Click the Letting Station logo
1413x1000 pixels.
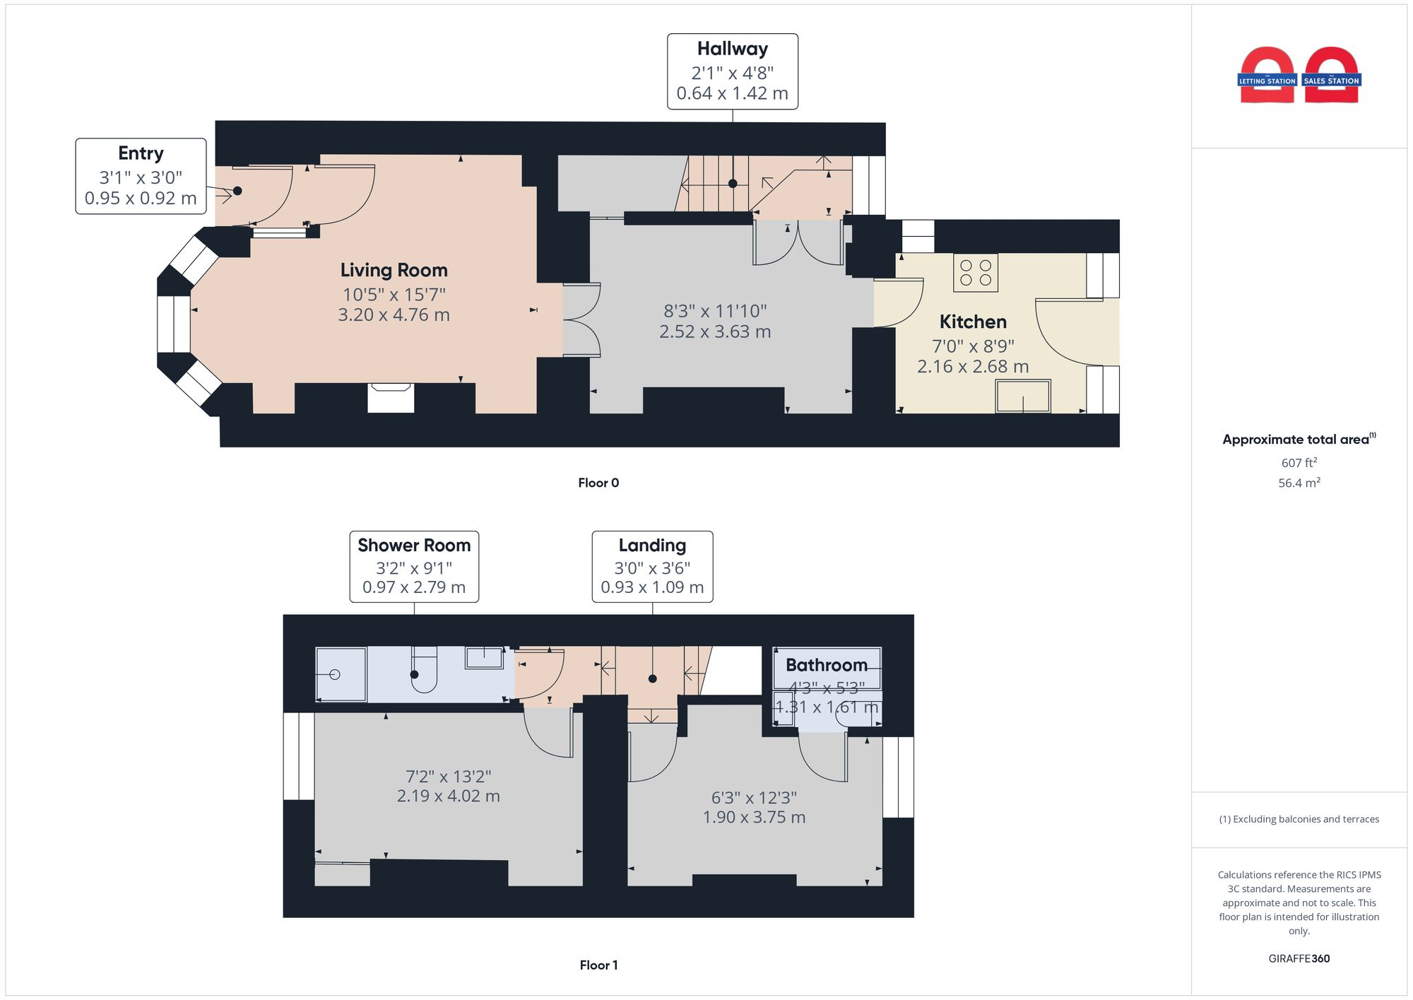pos(1267,76)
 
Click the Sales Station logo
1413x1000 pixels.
pos(1331,76)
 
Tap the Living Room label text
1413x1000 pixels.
pos(394,270)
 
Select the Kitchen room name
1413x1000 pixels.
pos(973,322)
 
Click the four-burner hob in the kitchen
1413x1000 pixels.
pos(976,273)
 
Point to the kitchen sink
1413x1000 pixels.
pos(1022,396)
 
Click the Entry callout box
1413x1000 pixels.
pos(141,176)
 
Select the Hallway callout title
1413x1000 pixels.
pos(732,49)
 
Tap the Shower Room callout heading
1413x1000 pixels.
pos(414,546)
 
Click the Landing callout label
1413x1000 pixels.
pos(652,546)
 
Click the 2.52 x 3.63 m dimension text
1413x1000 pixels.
pos(715,331)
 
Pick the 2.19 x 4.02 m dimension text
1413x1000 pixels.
pos(448,796)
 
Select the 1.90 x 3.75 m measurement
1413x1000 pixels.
pos(754,817)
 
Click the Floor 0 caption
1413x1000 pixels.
pos(598,483)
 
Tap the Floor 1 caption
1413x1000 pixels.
pos(598,965)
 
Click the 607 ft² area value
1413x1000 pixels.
pos(1299,463)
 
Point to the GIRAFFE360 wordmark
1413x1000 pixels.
pos(1299,958)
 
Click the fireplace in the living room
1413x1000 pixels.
pos(391,397)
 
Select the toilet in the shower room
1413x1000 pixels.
pos(423,671)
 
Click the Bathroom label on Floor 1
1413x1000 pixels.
pos(826,665)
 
